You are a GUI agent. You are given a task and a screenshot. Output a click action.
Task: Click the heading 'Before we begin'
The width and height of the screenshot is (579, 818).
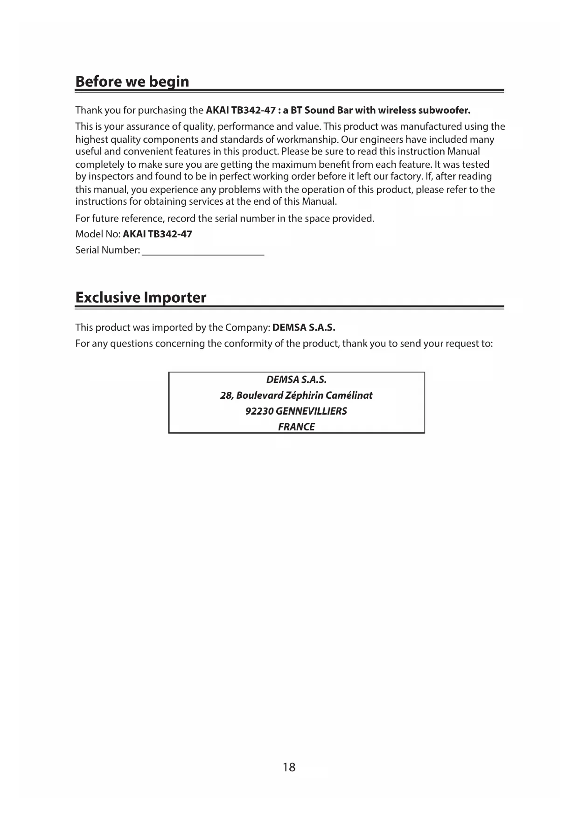(132, 82)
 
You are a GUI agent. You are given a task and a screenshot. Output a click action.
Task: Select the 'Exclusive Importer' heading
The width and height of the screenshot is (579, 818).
(140, 298)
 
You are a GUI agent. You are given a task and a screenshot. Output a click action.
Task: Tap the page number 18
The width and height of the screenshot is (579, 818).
(289, 767)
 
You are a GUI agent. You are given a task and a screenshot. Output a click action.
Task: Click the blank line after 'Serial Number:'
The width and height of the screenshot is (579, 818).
(203, 251)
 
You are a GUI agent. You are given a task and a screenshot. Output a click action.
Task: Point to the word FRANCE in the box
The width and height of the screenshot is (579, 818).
(296, 427)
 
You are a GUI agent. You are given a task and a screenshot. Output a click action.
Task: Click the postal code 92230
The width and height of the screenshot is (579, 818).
(259, 411)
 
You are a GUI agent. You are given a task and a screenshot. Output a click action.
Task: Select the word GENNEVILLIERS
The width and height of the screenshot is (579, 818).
(311, 411)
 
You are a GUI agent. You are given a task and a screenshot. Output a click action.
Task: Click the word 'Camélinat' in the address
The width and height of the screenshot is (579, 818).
(349, 395)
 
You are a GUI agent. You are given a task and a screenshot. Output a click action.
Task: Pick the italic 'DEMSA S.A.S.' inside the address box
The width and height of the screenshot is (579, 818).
(296, 380)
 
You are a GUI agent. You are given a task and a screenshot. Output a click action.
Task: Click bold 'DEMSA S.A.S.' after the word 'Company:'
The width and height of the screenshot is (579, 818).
(304, 327)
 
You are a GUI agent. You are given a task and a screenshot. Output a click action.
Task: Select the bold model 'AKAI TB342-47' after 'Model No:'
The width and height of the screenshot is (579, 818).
(157, 234)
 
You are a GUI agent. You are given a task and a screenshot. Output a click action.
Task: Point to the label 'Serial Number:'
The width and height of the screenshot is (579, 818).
(108, 250)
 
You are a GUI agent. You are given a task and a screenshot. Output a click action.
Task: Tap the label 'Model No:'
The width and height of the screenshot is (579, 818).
(98, 234)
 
